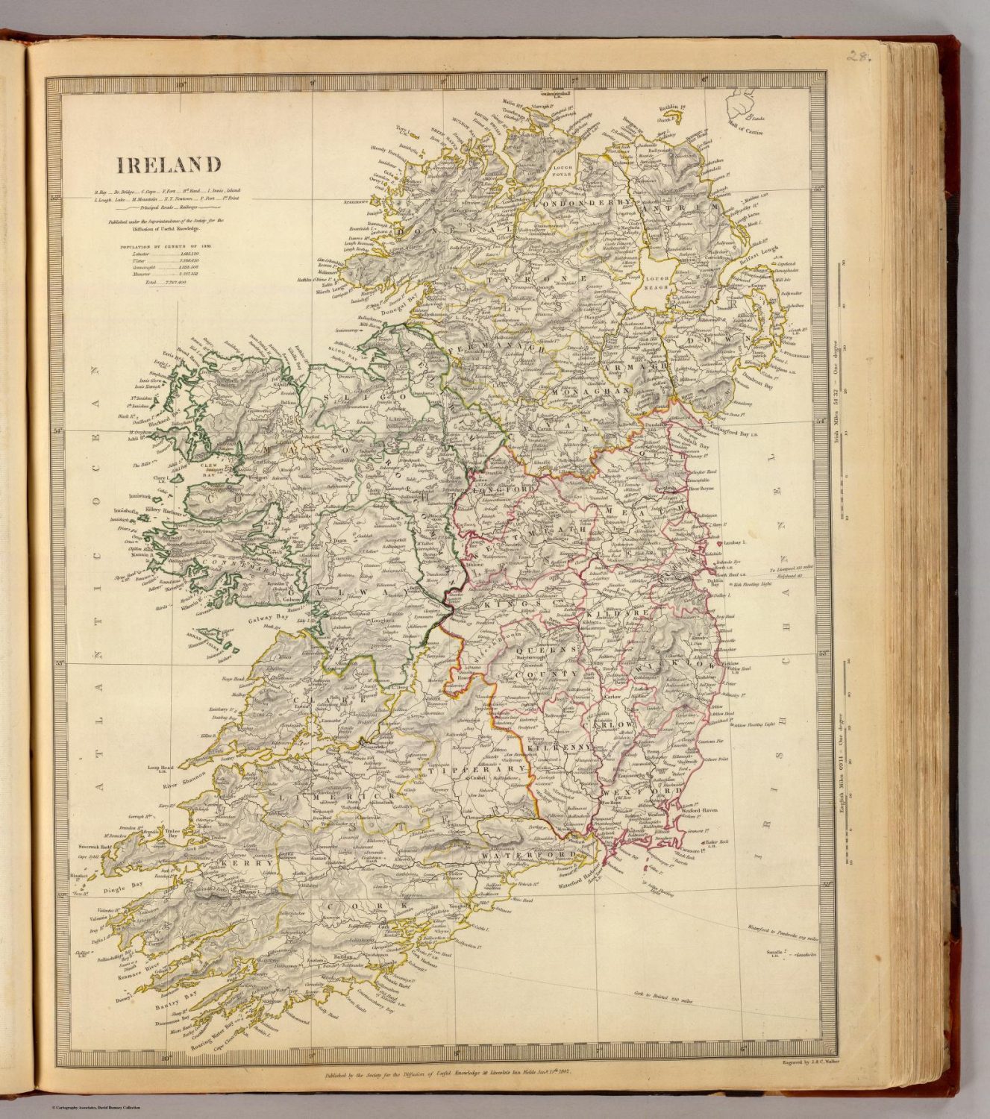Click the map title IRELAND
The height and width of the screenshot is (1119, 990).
point(157,164)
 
